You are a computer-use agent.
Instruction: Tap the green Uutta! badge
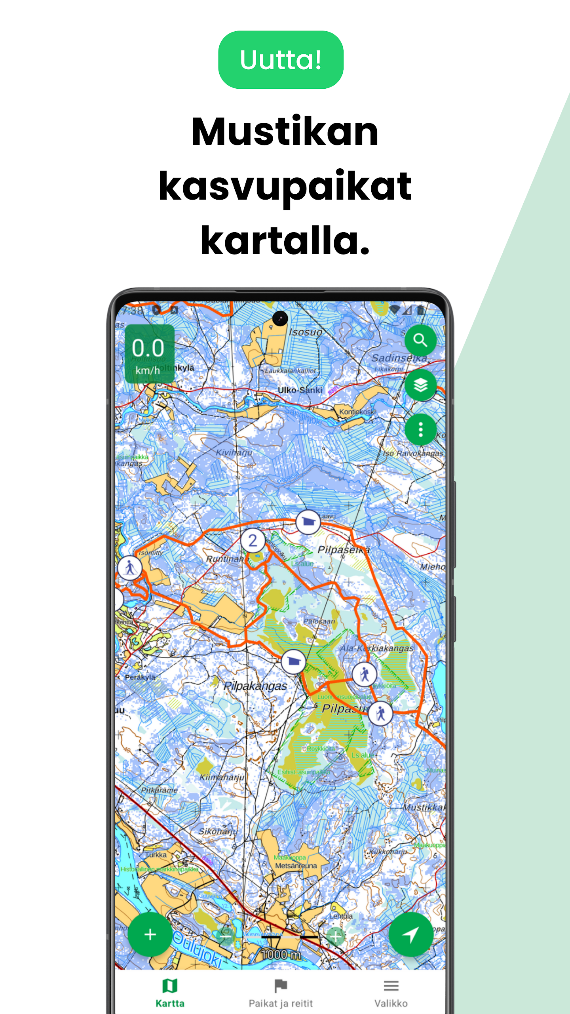tap(281, 60)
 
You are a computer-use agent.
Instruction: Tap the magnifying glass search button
tap(420, 340)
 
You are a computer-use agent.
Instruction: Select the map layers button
tap(420, 385)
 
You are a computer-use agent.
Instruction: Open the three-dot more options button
tap(420, 429)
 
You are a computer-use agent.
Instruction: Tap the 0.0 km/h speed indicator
tap(149, 354)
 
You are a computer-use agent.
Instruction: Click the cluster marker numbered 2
tap(253, 540)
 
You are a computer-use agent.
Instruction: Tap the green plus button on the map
tap(150, 934)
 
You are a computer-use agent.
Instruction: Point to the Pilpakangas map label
tap(255, 686)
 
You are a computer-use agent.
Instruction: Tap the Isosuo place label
tap(305, 332)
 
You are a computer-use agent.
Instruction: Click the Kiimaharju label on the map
tap(222, 777)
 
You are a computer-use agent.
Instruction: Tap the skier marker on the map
tap(130, 568)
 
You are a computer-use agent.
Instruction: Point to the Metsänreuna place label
tap(296, 866)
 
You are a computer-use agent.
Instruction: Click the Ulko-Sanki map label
tap(300, 390)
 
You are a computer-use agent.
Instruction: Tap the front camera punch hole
tap(280, 318)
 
